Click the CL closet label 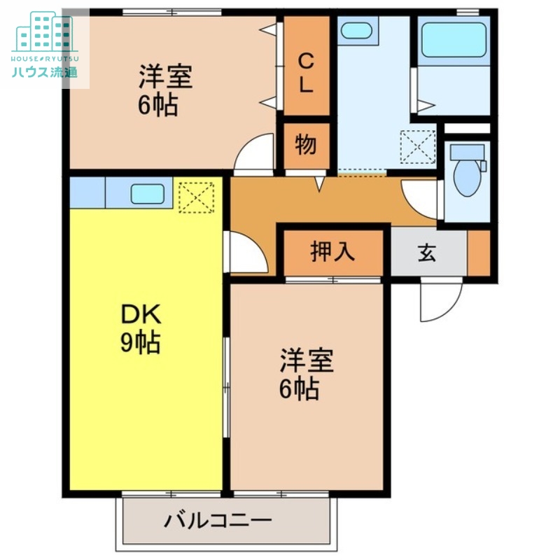(306, 73)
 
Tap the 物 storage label (306, 146)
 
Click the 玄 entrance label (427, 253)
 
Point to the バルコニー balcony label (218, 521)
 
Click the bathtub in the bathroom (453, 41)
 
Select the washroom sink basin (356, 30)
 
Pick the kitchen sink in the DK (147, 193)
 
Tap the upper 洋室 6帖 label (164, 90)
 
